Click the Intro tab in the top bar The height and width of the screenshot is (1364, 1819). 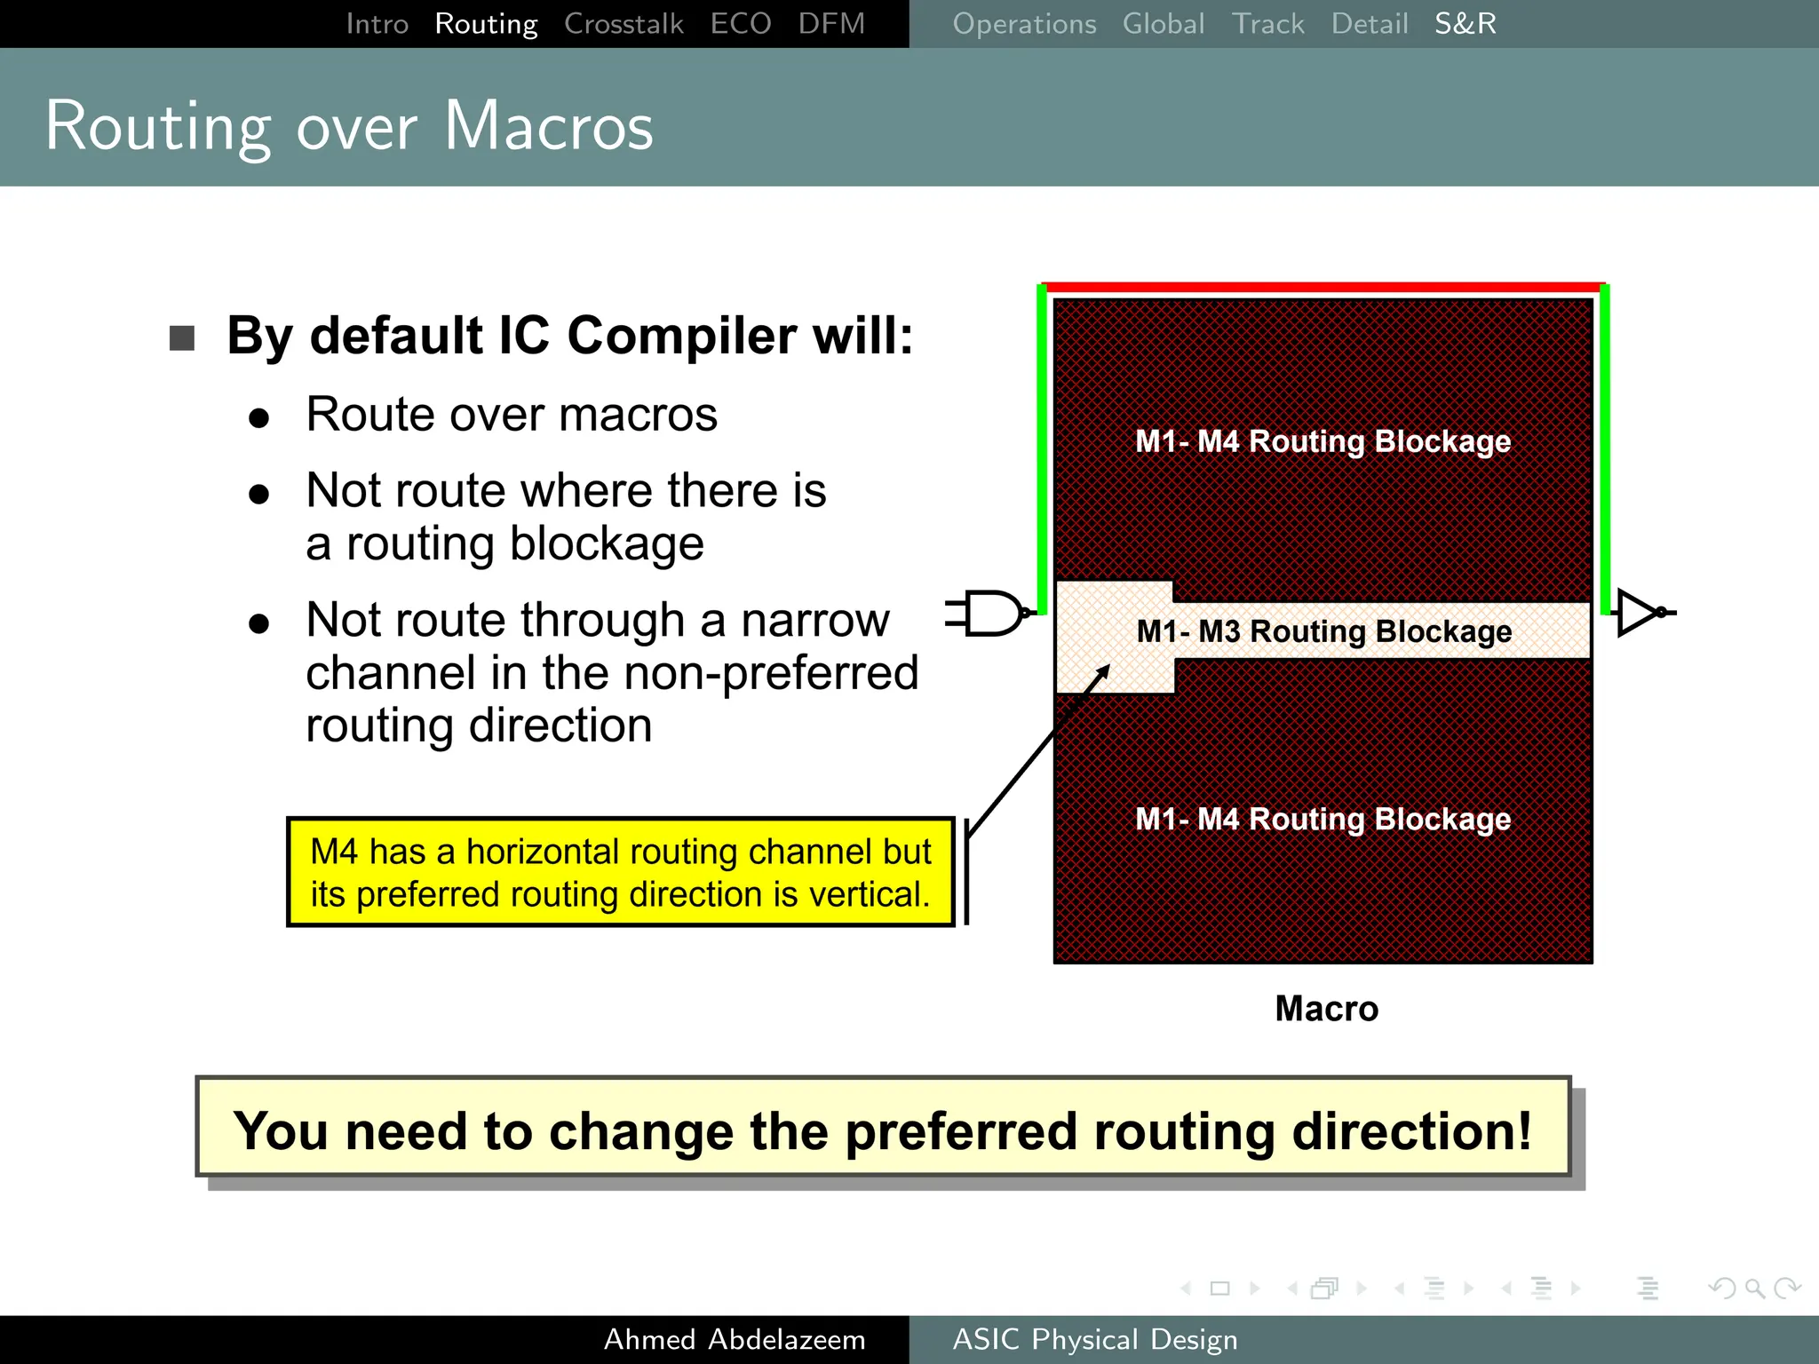(377, 24)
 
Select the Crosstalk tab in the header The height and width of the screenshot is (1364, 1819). (624, 24)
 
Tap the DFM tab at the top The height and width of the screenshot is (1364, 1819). (830, 24)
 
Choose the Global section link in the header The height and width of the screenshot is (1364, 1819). (1163, 24)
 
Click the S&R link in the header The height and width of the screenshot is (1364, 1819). (1465, 24)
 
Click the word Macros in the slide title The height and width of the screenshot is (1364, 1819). (548, 126)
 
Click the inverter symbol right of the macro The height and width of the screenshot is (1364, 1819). (1640, 613)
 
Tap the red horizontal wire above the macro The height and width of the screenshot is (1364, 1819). (1323, 287)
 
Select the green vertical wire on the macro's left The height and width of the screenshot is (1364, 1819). (1042, 444)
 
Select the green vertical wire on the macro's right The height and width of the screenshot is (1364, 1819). (1605, 444)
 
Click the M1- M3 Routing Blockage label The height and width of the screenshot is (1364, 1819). (1323, 631)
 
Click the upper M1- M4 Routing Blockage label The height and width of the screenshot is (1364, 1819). (1323, 441)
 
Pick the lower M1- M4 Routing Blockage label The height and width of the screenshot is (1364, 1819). (1323, 819)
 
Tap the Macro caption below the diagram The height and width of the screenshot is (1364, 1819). (1326, 1009)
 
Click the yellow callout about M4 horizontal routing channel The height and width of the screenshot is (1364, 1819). (620, 872)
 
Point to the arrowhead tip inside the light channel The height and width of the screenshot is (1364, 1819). (1108, 667)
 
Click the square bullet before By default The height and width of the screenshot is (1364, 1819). (182, 338)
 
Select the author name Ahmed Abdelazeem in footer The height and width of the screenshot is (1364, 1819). (734, 1339)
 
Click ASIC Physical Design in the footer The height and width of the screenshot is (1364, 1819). (1094, 1339)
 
